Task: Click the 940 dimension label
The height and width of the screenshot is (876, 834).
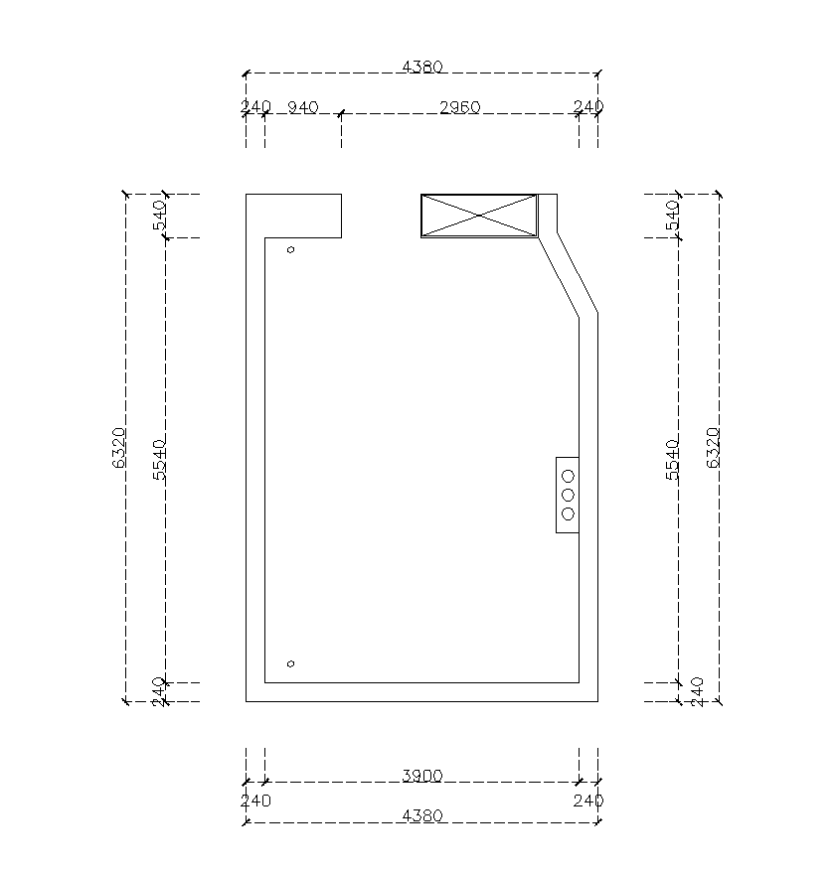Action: pos(303,107)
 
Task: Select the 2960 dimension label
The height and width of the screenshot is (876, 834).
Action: pos(459,107)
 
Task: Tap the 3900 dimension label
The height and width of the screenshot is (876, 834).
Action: pos(422,776)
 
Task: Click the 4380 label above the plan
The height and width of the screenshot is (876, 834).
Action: pos(422,68)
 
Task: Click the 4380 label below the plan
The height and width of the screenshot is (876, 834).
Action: pos(422,816)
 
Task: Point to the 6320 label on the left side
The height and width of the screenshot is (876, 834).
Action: pos(119,448)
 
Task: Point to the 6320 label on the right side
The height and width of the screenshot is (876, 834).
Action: pos(713,448)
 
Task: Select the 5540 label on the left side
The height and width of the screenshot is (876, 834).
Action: pos(159,460)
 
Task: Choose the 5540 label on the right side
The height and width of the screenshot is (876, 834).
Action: pos(672,460)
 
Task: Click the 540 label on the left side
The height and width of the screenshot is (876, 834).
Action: pos(159,216)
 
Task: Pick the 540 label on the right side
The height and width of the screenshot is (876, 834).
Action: pos(672,216)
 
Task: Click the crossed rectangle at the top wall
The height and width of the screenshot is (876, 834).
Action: pos(479,216)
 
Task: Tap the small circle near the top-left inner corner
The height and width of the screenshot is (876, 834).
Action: pos(290,249)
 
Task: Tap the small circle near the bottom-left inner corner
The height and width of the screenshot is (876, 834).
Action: pos(290,663)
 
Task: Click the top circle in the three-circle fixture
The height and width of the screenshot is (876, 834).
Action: pos(568,476)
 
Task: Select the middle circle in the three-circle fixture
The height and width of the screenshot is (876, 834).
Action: pos(568,495)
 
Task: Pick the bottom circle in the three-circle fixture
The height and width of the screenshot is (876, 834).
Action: pos(568,514)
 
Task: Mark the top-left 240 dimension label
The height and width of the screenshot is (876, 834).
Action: pos(255,106)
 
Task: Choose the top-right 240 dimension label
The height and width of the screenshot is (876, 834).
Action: pos(588,106)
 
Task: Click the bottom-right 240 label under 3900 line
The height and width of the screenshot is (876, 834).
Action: pos(588,801)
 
